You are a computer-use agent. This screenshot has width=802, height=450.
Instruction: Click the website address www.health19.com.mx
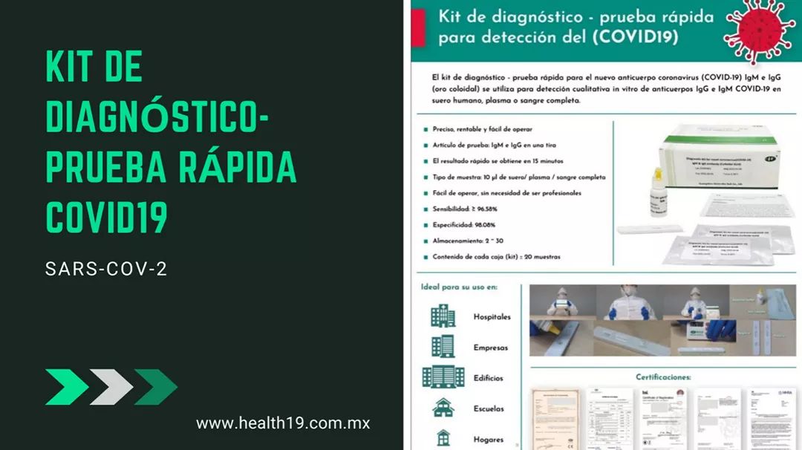tap(282, 423)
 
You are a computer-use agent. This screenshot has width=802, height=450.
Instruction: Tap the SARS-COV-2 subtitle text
tap(106, 269)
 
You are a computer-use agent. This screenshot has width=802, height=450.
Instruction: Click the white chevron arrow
tap(111, 387)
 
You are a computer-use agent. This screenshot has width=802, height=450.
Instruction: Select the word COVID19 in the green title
tap(107, 216)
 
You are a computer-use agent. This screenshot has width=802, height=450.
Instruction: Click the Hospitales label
tap(492, 317)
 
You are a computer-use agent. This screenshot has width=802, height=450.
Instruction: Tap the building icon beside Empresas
tap(443, 346)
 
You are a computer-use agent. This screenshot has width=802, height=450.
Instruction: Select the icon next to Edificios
tap(443, 376)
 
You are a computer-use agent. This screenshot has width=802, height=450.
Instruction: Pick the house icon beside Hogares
tap(443, 437)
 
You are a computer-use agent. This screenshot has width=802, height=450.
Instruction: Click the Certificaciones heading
tap(663, 377)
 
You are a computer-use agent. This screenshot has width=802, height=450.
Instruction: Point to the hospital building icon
tap(443, 316)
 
